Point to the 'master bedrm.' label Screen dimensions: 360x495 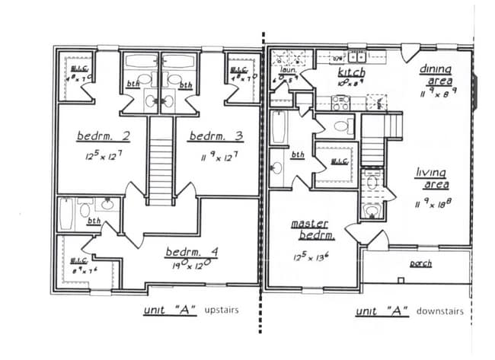click(310, 228)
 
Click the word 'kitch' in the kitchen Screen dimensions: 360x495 click(351, 73)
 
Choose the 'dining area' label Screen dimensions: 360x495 click(435, 74)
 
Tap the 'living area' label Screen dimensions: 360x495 click(431, 178)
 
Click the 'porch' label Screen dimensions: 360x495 click(420, 263)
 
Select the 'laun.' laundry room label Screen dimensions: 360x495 click(287, 70)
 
